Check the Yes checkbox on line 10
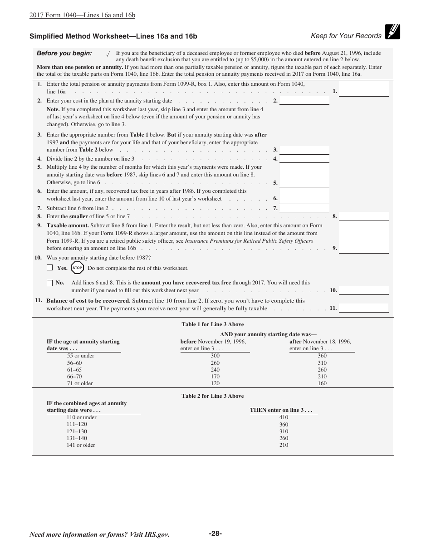pyautogui.click(x=50, y=268)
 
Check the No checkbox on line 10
pyautogui.click(x=50, y=283)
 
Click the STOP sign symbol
pyautogui.click(x=78, y=268)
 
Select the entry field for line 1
pyautogui.click(x=363, y=89)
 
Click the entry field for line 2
pyautogui.click(x=304, y=101)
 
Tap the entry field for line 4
pyautogui.click(x=304, y=159)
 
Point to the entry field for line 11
pyautogui.click(x=363, y=308)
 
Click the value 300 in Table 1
pyautogui.click(x=215, y=356)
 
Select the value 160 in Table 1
pyautogui.click(x=322, y=383)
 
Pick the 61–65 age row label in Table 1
pyautogui.click(x=74, y=370)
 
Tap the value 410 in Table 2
pyautogui.click(x=284, y=417)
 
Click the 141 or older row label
pyautogui.click(x=81, y=445)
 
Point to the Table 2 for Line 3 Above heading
pyautogui.click(x=213, y=396)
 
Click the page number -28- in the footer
pyautogui.click(x=215, y=534)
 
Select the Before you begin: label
pyautogui.click(x=64, y=54)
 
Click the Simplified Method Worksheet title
pyautogui.click(x=113, y=36)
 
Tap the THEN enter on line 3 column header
pyautogui.click(x=281, y=410)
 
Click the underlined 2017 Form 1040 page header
pyautogui.click(x=82, y=15)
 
